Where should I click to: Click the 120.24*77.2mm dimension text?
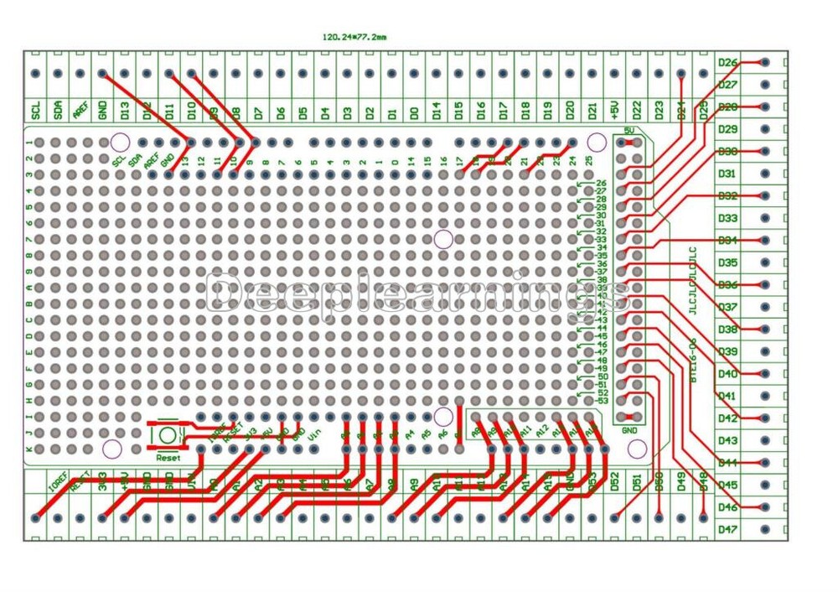coord(354,37)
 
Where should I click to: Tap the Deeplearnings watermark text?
coord(418,295)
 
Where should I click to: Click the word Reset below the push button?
coord(168,458)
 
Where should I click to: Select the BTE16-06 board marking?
coord(693,361)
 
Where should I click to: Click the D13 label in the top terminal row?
coord(124,110)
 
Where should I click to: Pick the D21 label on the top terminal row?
coord(592,110)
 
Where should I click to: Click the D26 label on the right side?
coord(727,63)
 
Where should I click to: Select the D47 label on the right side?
coord(727,530)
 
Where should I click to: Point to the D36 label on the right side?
coord(727,285)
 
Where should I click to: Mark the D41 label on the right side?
coord(727,396)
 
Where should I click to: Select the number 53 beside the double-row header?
coord(601,401)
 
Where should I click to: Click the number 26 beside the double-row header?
coord(601,183)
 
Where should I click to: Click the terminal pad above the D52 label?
coord(614,518)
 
